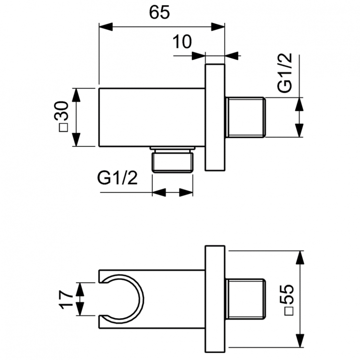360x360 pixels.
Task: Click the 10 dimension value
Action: tap(181, 43)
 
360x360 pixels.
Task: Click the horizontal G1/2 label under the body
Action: tap(118, 178)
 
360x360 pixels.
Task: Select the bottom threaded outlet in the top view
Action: tap(173, 161)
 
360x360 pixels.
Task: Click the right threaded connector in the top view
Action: tap(244, 118)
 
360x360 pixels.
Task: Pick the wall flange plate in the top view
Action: tap(215, 117)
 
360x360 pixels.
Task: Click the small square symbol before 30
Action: tap(63, 128)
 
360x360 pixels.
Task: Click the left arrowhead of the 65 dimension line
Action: tap(104, 26)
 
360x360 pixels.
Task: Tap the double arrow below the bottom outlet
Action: tap(173, 192)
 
